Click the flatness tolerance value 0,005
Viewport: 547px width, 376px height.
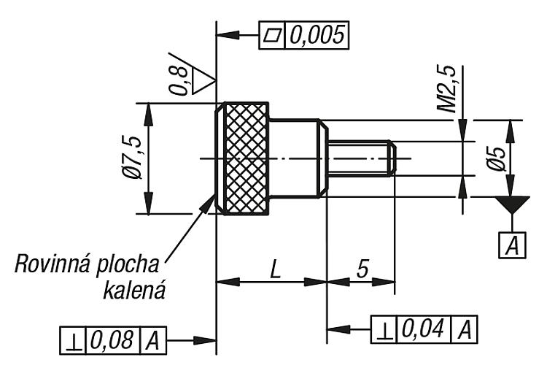point(317,35)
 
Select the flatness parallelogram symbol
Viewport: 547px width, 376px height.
point(272,35)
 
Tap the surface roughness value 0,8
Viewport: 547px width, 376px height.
point(179,80)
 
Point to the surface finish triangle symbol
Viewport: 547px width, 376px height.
point(202,81)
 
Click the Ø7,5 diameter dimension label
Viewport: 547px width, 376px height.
point(133,158)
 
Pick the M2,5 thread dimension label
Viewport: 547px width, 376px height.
point(447,88)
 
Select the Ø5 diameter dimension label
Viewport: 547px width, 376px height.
point(497,159)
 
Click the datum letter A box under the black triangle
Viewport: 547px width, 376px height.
point(512,245)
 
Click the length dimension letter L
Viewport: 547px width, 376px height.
point(276,269)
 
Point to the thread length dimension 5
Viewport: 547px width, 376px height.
point(362,269)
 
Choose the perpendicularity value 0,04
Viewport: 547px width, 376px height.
point(423,329)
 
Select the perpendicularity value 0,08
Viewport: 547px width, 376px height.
point(112,339)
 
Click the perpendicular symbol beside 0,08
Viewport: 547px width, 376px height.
point(72,341)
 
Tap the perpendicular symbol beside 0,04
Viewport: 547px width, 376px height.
point(384,330)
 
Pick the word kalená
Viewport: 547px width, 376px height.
point(134,291)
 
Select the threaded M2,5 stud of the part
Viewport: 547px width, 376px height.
point(362,158)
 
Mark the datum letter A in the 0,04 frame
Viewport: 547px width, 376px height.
point(465,329)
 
